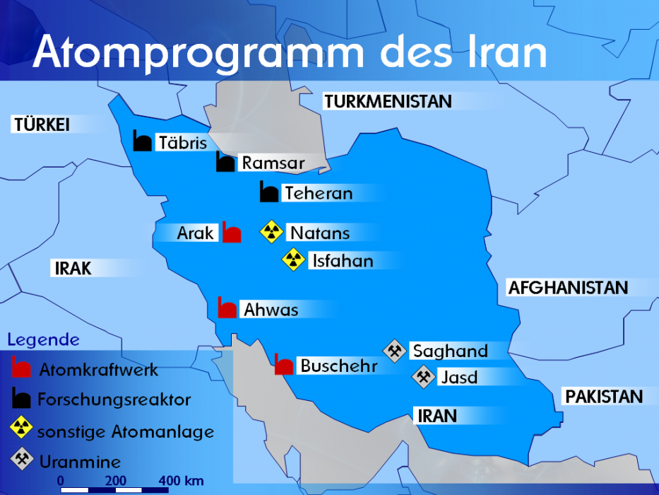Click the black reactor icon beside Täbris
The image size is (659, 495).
coord(143,141)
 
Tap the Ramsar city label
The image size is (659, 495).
coord(273,163)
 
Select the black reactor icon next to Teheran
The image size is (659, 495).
coord(268,192)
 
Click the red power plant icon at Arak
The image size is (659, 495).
coord(232,232)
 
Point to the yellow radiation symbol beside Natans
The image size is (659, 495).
coord(271,231)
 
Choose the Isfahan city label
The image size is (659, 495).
coord(343,261)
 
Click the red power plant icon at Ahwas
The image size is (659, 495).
coord(227,308)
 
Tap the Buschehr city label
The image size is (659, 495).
coord(338,366)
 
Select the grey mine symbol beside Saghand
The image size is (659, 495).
coord(394,350)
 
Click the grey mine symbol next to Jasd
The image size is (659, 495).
coord(423,376)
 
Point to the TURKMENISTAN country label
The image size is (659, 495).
coord(388,102)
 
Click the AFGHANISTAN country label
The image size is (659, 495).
coord(568,288)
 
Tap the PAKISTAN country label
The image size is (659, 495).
coord(604,397)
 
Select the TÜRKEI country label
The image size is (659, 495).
coord(41,125)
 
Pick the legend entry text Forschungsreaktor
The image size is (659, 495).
coord(114,400)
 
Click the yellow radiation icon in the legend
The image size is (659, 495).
coord(22,429)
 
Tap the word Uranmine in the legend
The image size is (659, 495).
coord(80,462)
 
